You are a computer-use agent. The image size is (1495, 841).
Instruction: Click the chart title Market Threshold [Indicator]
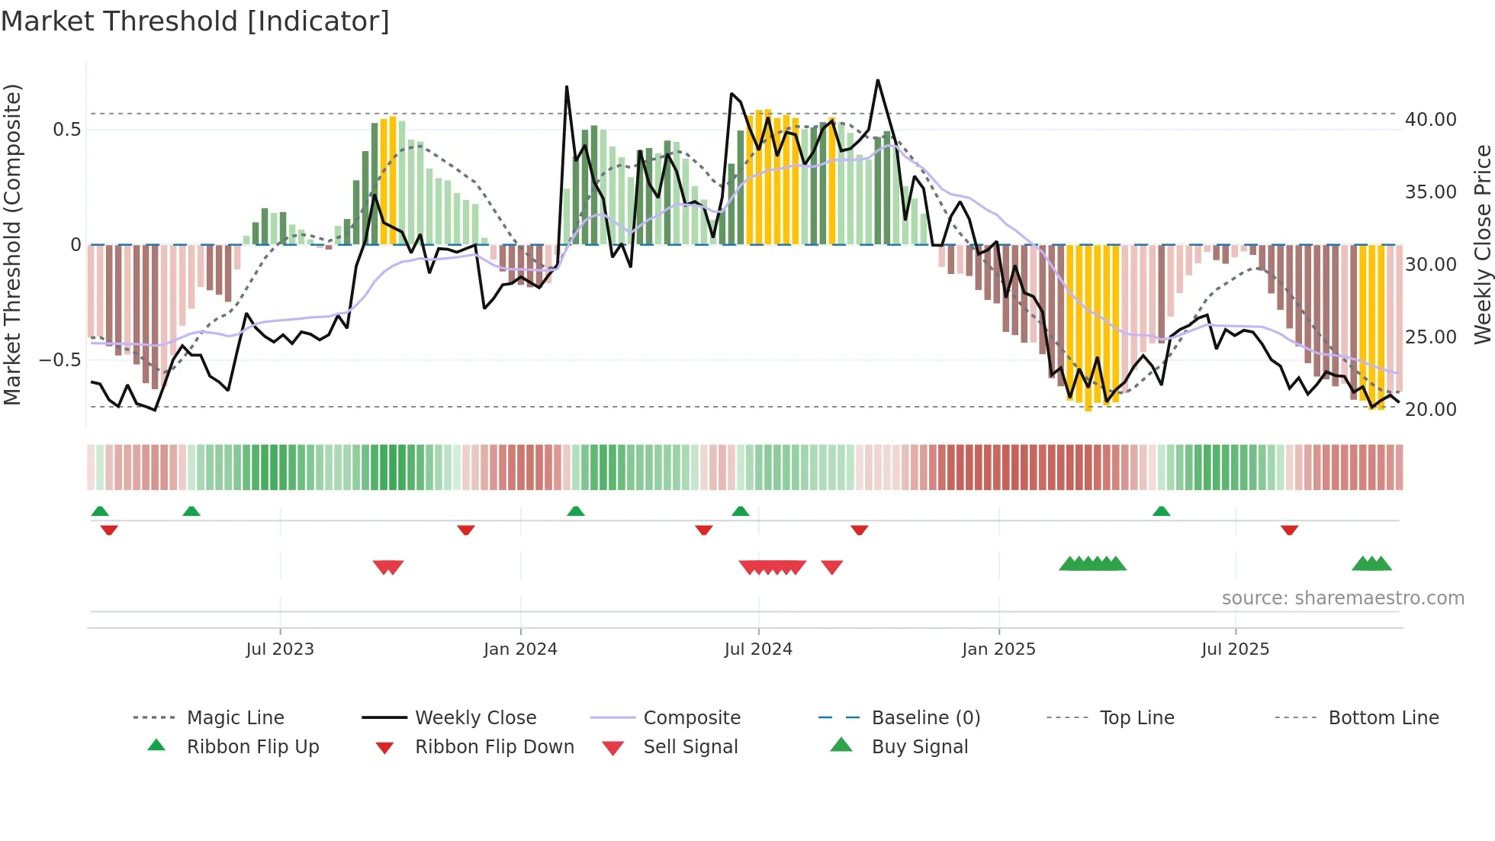[195, 21]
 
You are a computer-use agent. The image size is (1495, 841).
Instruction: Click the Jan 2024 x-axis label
[520, 649]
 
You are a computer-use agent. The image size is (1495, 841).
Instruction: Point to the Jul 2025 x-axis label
[1235, 649]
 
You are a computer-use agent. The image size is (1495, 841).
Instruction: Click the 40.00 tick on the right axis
[1430, 120]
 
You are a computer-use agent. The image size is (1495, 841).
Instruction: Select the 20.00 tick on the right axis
[1430, 410]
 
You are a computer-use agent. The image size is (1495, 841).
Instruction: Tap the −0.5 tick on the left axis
[59, 359]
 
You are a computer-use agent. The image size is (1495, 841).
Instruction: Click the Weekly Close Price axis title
[1482, 244]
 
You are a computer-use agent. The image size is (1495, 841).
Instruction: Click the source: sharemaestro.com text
[1342, 598]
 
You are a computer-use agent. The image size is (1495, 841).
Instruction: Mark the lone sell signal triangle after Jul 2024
[831, 566]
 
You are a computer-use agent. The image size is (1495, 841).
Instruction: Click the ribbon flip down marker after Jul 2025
[1289, 530]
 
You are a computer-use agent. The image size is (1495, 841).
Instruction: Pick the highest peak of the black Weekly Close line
[878, 80]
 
